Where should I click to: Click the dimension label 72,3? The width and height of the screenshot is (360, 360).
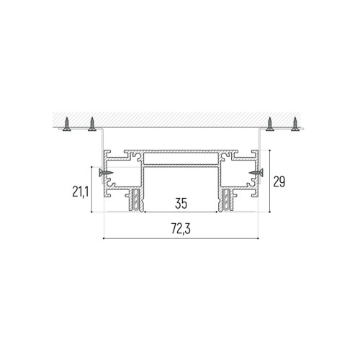181,228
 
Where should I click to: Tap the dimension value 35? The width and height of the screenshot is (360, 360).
181,203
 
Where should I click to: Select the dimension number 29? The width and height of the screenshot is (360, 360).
279,181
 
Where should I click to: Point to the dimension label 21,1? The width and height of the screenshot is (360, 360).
81,192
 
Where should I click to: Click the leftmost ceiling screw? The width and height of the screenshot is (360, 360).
67,125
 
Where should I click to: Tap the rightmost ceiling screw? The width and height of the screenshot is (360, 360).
295,124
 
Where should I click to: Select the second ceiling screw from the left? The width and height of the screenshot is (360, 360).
92,125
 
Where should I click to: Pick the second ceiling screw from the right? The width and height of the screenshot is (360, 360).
270,124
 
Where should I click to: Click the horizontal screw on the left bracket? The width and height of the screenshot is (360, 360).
106,172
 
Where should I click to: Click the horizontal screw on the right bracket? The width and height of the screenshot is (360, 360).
256,173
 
